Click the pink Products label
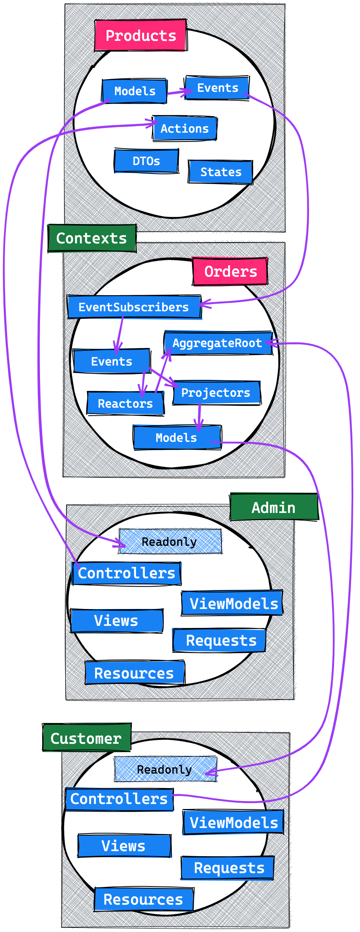141,35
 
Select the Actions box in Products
184,128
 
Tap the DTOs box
146,161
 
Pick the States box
221,172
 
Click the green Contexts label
91,238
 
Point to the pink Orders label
230,272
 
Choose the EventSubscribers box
133,307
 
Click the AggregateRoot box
217,343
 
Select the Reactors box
125,403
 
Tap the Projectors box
216,393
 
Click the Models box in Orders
176,438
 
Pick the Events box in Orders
112,361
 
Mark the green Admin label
274,507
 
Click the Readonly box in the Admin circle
170,542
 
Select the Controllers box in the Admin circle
126,573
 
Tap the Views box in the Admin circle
116,621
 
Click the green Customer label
86,738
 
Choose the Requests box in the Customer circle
229,868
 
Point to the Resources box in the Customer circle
144,900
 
